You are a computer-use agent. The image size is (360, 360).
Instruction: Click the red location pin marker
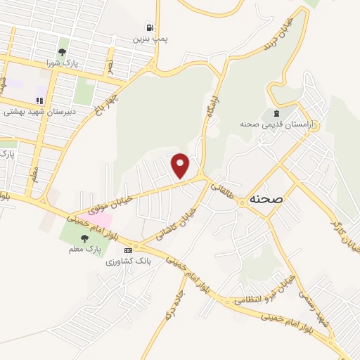(181, 165)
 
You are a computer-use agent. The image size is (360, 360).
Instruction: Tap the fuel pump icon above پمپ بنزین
(149, 27)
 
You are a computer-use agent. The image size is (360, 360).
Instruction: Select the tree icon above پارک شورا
(63, 51)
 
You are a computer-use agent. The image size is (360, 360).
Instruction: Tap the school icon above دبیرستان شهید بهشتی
(40, 99)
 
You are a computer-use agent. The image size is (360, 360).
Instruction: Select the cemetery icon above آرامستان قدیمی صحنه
(276, 112)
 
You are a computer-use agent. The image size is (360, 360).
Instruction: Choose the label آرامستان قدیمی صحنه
(274, 124)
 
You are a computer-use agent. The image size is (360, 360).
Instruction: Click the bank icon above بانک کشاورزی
(128, 250)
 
